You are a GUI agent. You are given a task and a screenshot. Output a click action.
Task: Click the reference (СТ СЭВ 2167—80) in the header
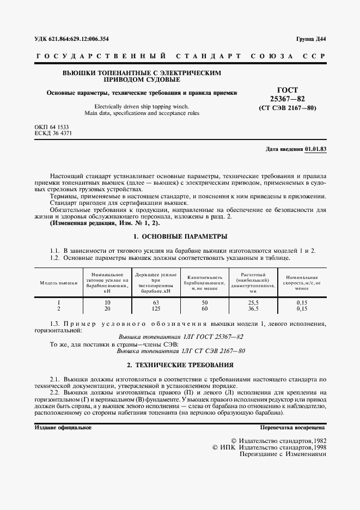tap(287, 107)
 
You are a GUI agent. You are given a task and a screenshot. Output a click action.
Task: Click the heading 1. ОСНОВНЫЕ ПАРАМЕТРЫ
tap(180, 236)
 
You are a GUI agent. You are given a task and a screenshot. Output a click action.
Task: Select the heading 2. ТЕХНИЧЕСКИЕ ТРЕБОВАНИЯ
tap(180, 365)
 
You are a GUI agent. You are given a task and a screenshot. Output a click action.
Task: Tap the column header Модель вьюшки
tap(58, 283)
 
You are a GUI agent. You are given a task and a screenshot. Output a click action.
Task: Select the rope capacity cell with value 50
tap(205, 302)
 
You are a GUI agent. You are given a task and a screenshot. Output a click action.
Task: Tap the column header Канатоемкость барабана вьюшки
tap(205, 283)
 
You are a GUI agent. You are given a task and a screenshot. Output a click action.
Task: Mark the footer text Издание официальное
tap(63, 428)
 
